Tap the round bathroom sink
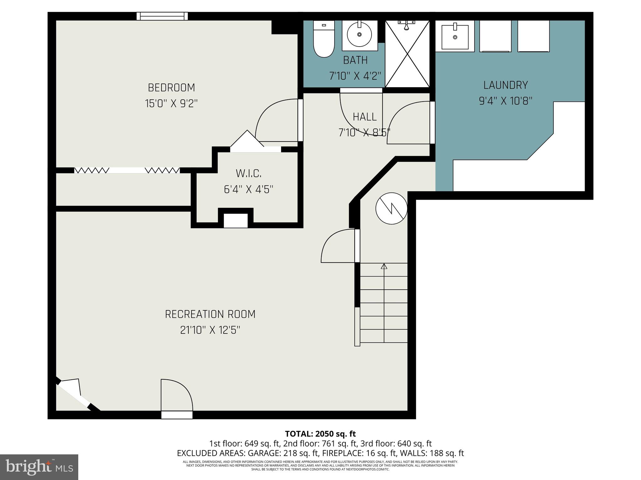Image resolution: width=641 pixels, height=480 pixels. pyautogui.click(x=359, y=34)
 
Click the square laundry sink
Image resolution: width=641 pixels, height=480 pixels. pyautogui.click(x=455, y=37)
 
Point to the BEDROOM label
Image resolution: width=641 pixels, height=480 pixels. pyautogui.click(x=171, y=88)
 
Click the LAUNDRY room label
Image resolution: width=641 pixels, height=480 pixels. pyautogui.click(x=505, y=85)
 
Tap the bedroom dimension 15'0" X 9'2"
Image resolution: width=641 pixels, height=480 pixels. pyautogui.click(x=171, y=103)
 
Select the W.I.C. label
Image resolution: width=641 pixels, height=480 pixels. pyautogui.click(x=248, y=173)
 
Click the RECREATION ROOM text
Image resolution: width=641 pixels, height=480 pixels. pyautogui.click(x=210, y=314)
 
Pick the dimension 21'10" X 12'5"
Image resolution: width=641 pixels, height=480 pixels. pyautogui.click(x=210, y=330)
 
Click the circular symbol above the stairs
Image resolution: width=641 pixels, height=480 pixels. pyautogui.click(x=391, y=208)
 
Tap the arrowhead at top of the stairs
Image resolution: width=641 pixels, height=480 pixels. pyautogui.click(x=384, y=266)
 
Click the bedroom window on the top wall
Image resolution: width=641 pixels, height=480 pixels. pyautogui.click(x=162, y=16)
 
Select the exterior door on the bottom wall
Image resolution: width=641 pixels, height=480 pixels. pyautogui.click(x=177, y=415)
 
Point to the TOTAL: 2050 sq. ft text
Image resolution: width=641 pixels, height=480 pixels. pyautogui.click(x=320, y=434)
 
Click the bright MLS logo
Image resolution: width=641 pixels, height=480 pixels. pyautogui.click(x=39, y=467)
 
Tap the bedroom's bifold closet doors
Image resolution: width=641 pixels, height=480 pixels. pyautogui.click(x=127, y=170)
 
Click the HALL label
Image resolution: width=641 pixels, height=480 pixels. pyautogui.click(x=365, y=117)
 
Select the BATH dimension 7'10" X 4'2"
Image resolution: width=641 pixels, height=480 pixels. pyautogui.click(x=355, y=76)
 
